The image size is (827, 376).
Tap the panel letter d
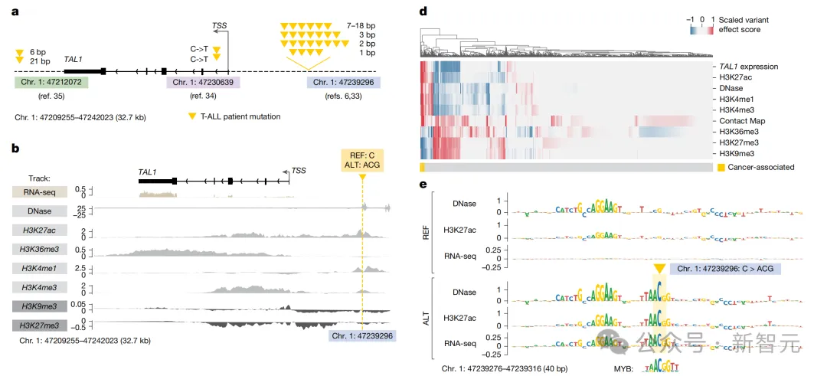tap(423, 11)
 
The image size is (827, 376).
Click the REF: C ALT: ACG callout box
tap(362, 160)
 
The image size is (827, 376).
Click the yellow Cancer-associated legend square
tap(721, 167)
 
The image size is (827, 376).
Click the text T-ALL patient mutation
tap(240, 116)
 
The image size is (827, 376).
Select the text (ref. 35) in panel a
tap(50, 96)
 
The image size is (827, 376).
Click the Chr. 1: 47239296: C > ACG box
tap(724, 269)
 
